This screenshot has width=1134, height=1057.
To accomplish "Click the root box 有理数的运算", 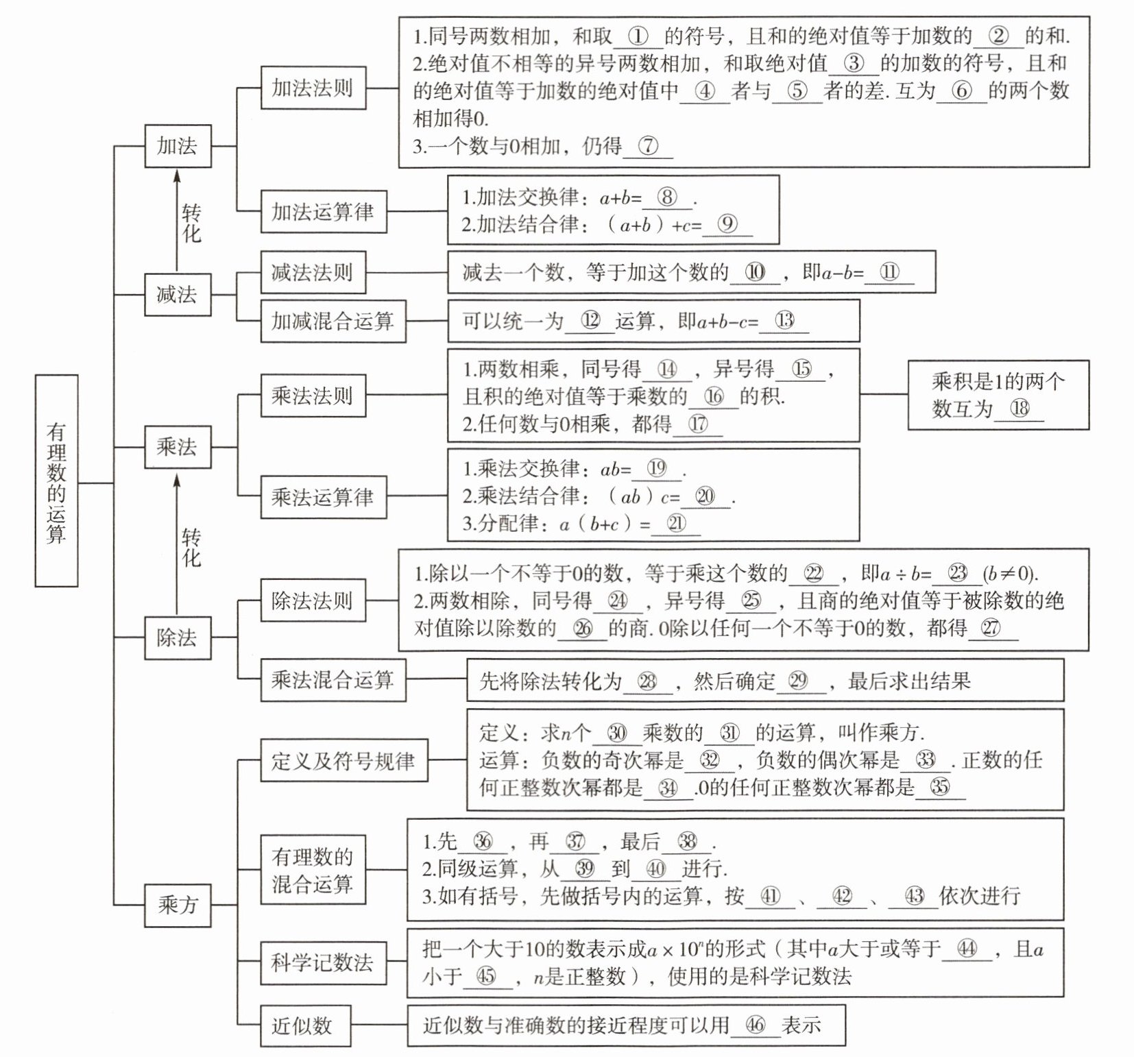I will tap(56, 481).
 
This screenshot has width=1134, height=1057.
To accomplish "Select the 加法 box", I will tap(178, 146).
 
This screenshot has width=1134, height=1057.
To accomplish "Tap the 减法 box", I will tap(178, 295).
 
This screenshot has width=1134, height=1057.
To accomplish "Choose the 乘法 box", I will tap(178, 447).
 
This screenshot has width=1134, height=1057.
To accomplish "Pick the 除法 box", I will tap(178, 637).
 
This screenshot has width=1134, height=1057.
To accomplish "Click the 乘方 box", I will tap(178, 905).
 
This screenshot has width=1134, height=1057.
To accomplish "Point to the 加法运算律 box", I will tap(323, 212).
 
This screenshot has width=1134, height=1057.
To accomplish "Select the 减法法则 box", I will tap(313, 273).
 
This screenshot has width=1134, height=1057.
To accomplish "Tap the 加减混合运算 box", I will tap(333, 321).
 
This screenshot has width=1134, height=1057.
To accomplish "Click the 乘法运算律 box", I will tap(323, 497).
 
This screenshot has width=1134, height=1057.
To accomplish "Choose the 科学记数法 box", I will tap(322, 962).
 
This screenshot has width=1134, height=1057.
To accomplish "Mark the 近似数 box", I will tap(305, 1025).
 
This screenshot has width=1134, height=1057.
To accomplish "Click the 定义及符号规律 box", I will tap(343, 761).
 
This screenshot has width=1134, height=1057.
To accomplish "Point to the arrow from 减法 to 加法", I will tap(177, 219).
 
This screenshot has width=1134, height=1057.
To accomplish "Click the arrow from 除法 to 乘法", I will tap(177, 542).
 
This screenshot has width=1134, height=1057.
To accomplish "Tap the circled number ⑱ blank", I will tap(1020, 409).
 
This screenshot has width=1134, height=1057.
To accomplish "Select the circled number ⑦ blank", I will tap(648, 146).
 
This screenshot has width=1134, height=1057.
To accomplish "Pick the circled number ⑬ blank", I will tap(784, 320).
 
